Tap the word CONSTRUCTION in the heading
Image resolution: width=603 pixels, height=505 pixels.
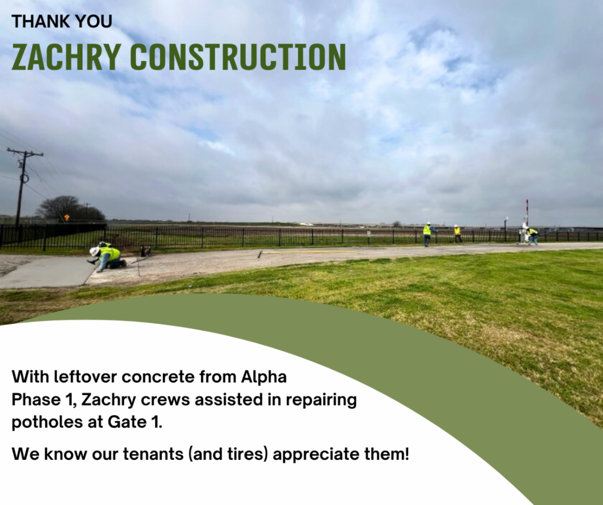(238, 57)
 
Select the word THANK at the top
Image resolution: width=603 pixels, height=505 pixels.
(37, 22)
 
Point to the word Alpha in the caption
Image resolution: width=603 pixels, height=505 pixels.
(264, 377)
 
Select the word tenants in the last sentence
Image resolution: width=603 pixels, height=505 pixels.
(153, 454)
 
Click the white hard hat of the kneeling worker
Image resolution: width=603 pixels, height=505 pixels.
(94, 251)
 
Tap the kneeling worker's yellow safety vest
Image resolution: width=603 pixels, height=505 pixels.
(109, 253)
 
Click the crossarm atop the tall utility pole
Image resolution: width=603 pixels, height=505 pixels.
(25, 152)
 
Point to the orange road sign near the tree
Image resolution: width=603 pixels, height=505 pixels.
(67, 217)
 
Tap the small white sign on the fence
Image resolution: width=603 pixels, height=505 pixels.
(369, 232)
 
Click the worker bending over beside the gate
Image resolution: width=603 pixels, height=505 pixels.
(532, 236)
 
